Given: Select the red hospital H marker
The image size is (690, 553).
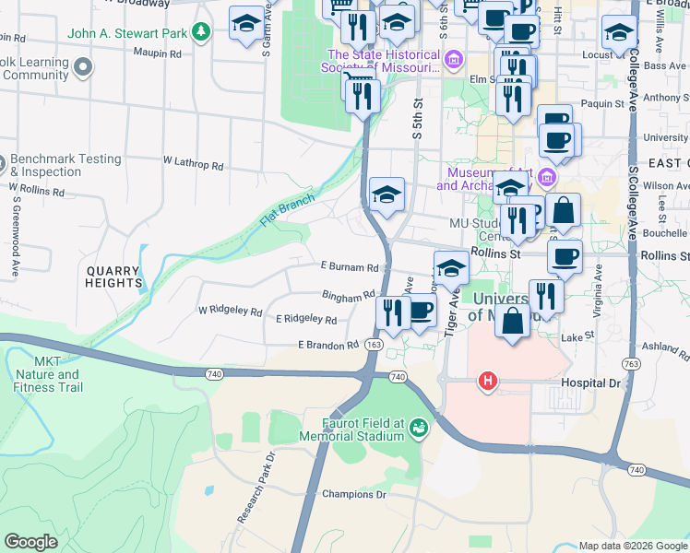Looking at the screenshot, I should tap(487, 380).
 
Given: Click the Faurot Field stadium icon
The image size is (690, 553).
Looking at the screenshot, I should tap(420, 428).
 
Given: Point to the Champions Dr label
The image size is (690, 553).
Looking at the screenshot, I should tap(353, 494).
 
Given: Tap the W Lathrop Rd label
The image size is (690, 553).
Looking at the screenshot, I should tap(194, 165).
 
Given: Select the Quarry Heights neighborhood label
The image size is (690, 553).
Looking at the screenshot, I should tap(113, 276).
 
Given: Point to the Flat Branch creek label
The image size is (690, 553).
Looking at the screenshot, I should tap(288, 210).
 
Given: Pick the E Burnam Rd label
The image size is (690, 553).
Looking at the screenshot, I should tap(350, 267).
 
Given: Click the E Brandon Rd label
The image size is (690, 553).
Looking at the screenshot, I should tap(327, 345).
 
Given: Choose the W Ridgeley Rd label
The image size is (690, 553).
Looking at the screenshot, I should tap(230, 311).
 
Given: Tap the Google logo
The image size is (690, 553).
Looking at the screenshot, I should tap(30, 542).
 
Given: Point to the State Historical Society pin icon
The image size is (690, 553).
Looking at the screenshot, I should tap(453, 62).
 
